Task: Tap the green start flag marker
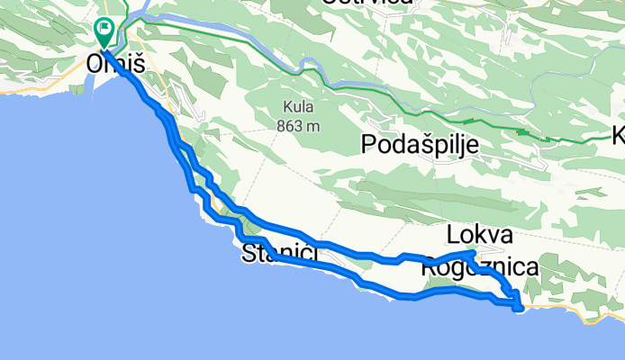tap(104, 32)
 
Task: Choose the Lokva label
tap(479, 236)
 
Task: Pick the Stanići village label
tap(280, 255)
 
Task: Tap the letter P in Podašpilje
tap(367, 144)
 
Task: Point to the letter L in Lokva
tap(451, 236)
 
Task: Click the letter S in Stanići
tap(249, 255)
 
